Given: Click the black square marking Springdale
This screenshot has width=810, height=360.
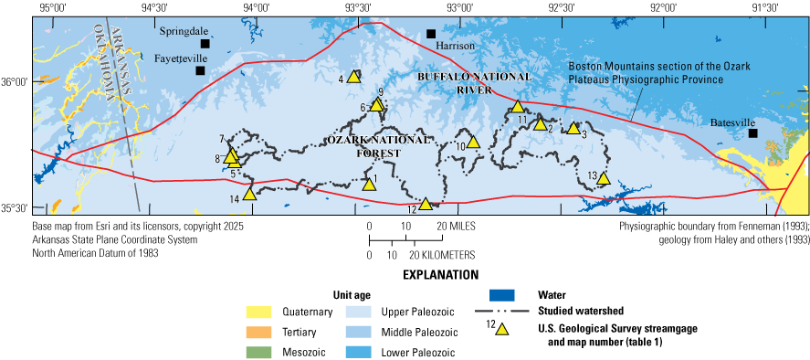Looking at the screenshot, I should [205, 43].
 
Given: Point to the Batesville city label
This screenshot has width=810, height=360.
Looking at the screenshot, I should [736, 120].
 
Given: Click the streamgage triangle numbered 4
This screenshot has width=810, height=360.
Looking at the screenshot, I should [354, 78].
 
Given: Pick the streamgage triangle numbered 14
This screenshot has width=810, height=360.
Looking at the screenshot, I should [249, 194].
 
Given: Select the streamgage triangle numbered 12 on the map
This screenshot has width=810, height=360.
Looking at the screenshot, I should [425, 204].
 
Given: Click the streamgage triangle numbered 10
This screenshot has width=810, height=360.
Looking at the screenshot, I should [473, 142].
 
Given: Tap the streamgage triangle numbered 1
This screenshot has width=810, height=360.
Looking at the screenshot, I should [369, 184].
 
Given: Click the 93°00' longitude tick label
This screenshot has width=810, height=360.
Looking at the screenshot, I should [460, 7].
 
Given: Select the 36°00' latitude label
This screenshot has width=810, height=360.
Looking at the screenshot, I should [16, 82].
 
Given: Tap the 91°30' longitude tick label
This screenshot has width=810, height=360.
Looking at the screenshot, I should [764, 7].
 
